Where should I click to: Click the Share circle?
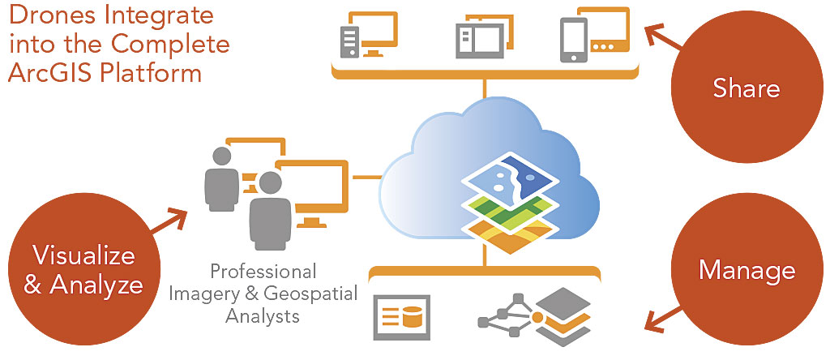(x=747, y=88)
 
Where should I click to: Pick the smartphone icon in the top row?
(x=574, y=40)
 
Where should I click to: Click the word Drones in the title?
(x=53, y=16)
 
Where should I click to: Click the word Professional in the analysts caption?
(x=263, y=271)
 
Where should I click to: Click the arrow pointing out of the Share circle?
(x=663, y=37)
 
